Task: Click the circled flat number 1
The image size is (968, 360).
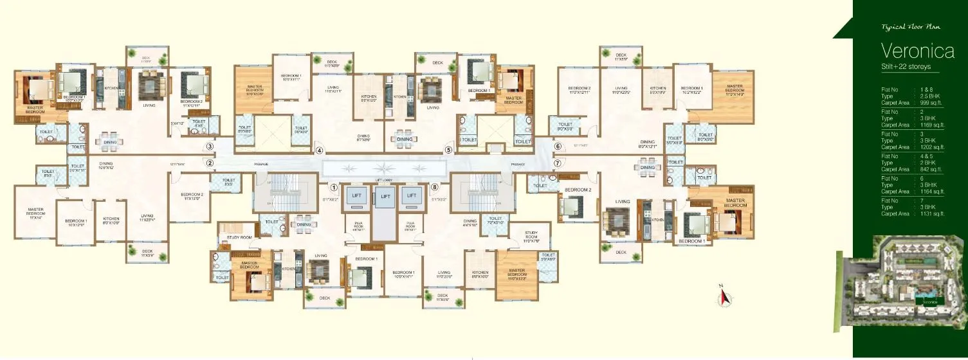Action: pyautogui.click(x=334, y=188)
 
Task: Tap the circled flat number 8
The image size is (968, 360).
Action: pyautogui.click(x=435, y=188)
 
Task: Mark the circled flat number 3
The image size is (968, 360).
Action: pyautogui.click(x=210, y=147)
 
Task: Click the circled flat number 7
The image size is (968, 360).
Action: pyautogui.click(x=558, y=163)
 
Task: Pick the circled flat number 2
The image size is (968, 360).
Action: pyautogui.click(x=210, y=163)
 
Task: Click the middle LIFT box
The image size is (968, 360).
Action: pyautogui.click(x=385, y=196)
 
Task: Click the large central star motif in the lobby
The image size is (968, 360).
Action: pyautogui.click(x=385, y=169)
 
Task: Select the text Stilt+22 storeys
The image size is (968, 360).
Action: pyautogui.click(x=906, y=67)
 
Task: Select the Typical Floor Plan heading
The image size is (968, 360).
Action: pyautogui.click(x=906, y=28)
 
